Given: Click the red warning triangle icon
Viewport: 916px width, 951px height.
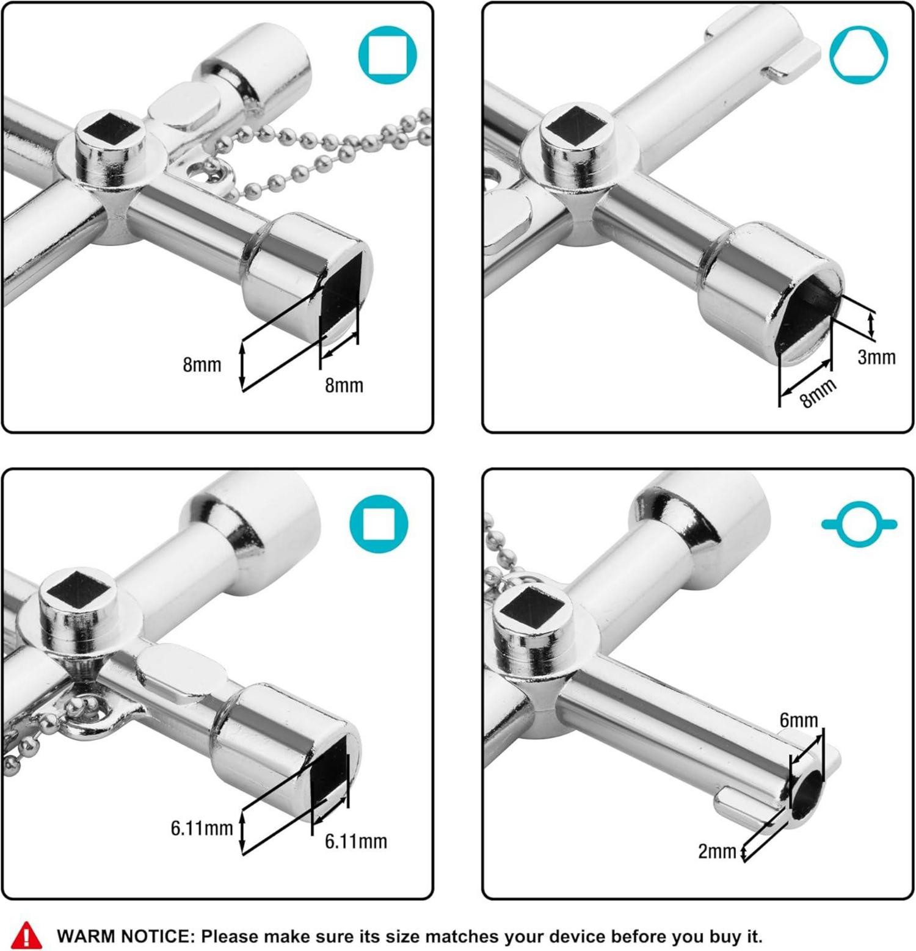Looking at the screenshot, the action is [27, 935].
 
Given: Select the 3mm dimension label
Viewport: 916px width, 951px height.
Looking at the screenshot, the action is [876, 357].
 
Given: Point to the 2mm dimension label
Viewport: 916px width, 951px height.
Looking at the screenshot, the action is [717, 851].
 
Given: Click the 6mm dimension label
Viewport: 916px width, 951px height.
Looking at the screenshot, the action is [799, 720].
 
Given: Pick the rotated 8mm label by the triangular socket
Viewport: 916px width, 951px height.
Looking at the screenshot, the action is [818, 393].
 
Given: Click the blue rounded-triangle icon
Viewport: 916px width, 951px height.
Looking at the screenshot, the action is [859, 54].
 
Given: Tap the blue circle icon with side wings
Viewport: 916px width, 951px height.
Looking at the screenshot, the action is [859, 524].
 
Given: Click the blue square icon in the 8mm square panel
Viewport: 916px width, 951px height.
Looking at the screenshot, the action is [387, 54].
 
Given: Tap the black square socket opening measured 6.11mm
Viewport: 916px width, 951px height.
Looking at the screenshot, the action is [330, 774].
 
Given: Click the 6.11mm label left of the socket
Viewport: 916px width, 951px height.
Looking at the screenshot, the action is [202, 828].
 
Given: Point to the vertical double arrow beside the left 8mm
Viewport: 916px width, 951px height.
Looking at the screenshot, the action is [242, 365].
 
